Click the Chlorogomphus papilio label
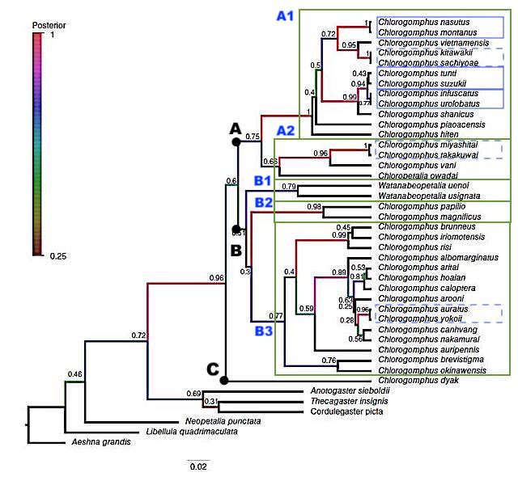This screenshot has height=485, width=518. click(x=416, y=206)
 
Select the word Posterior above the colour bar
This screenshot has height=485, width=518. click(x=49, y=25)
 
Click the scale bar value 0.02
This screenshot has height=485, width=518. click(x=197, y=466)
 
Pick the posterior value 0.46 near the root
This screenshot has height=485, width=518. click(x=75, y=374)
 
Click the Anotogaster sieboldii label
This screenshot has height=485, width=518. click(x=350, y=390)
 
